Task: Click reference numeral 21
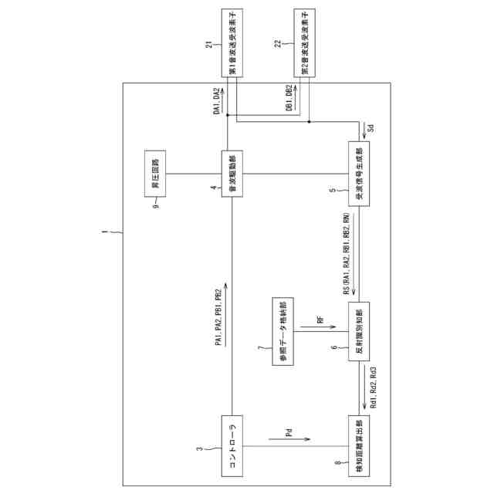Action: pos(210,45)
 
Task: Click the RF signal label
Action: pos(319,318)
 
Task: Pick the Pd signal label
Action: pos(289,435)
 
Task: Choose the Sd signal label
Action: pos(370,127)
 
